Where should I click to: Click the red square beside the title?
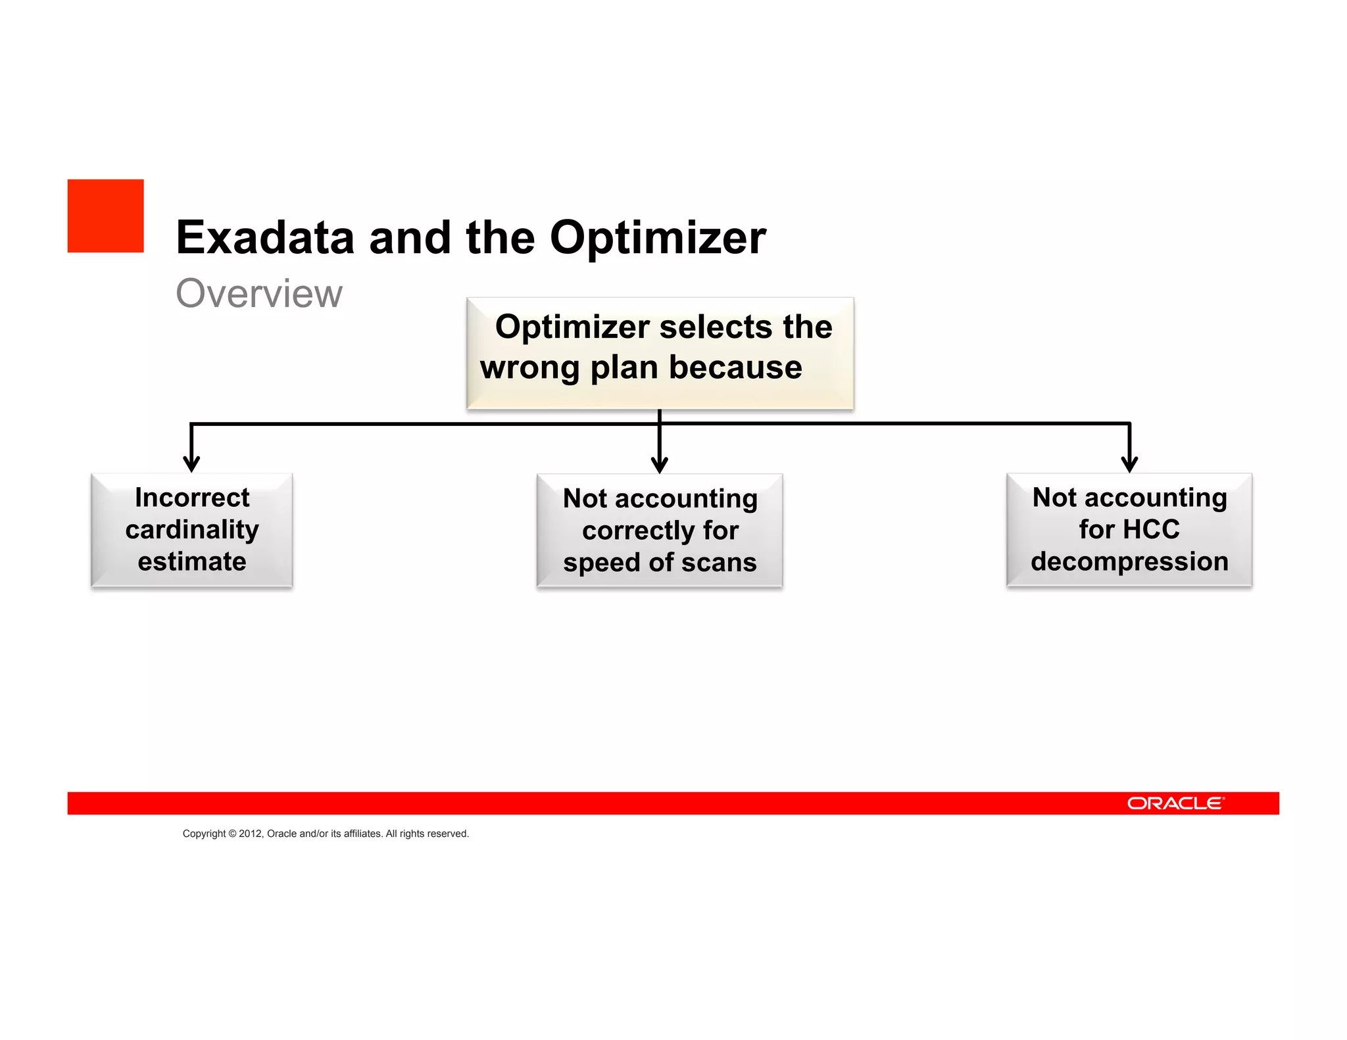[x=105, y=216]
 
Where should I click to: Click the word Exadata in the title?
[x=265, y=237]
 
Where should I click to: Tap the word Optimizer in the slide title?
[x=657, y=237]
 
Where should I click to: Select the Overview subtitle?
[x=259, y=293]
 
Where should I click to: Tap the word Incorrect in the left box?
[x=192, y=498]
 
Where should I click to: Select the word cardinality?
[x=192, y=530]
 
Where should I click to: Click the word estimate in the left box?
[x=192, y=562]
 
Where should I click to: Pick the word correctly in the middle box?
[x=637, y=531]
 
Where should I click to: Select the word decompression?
[x=1129, y=561]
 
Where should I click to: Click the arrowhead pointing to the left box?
[x=191, y=463]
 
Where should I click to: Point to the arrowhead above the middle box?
[x=659, y=465]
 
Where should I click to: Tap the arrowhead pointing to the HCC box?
[x=1129, y=464]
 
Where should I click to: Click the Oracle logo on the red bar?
[x=1175, y=803]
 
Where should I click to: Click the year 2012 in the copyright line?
[x=250, y=834]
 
